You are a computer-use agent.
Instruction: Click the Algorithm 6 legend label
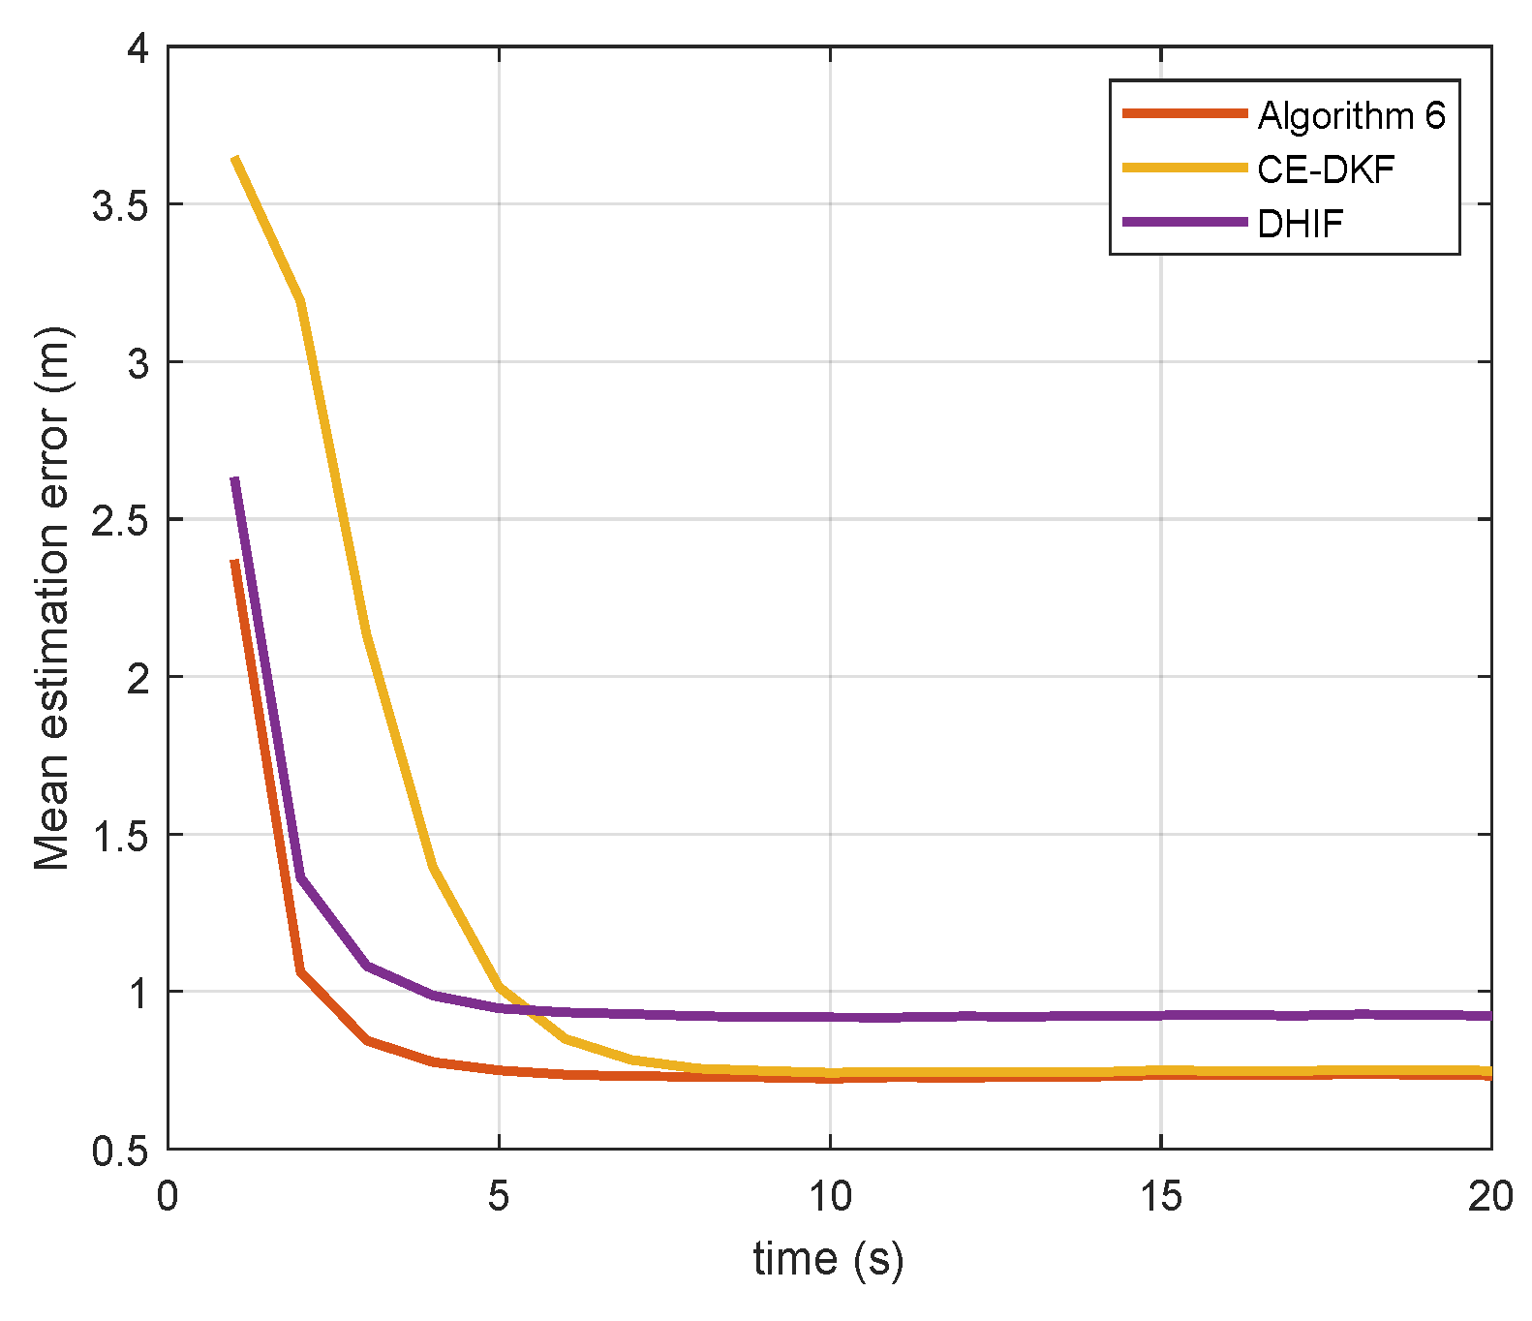pyautogui.click(x=1350, y=115)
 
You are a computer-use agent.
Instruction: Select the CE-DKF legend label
pyautogui.click(x=1325, y=169)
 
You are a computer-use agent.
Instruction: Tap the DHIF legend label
pyautogui.click(x=1300, y=224)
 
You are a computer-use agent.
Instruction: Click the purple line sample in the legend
pyautogui.click(x=1184, y=223)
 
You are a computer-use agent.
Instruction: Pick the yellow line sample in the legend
pyautogui.click(x=1184, y=169)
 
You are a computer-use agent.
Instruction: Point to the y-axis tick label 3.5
pyautogui.click(x=121, y=205)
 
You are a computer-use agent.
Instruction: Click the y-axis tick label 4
pyautogui.click(x=139, y=48)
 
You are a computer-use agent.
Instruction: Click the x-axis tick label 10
pyautogui.click(x=830, y=1197)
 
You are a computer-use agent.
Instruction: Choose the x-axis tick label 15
pyautogui.click(x=1160, y=1197)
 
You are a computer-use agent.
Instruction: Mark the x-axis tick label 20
pyautogui.click(x=1489, y=1197)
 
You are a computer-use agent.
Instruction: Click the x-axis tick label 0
pyautogui.click(x=168, y=1197)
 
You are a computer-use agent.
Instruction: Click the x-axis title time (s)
pyautogui.click(x=828, y=1259)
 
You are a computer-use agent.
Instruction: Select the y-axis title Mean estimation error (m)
pyautogui.click(x=52, y=599)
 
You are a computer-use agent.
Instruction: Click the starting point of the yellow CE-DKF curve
pyautogui.click(x=235, y=158)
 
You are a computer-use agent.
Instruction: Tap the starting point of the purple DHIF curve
pyautogui.click(x=235, y=479)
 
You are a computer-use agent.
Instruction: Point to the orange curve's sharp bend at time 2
pyautogui.click(x=301, y=971)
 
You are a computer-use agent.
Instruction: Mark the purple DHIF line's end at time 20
pyautogui.click(x=1488, y=1016)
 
